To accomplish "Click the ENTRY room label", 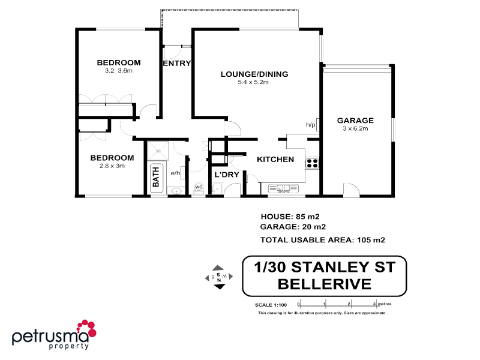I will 176,64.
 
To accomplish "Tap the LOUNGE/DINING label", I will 254,74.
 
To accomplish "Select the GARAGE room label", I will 355,120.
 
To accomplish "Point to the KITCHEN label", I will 275,160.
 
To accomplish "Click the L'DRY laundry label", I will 227,175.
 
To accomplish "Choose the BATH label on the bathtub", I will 156,176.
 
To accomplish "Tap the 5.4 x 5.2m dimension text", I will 253,82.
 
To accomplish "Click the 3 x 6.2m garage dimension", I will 355,128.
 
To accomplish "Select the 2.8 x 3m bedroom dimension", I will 112,166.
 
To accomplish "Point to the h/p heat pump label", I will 311,125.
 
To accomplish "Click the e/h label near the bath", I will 176,173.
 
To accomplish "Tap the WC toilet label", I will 199,187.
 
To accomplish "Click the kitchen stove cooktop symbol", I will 312,163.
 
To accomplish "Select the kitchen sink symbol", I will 283,188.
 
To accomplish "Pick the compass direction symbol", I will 219,277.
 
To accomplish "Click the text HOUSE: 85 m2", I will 293,216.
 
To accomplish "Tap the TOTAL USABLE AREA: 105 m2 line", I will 322,240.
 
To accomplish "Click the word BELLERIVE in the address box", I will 325,283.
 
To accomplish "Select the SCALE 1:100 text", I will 271,305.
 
